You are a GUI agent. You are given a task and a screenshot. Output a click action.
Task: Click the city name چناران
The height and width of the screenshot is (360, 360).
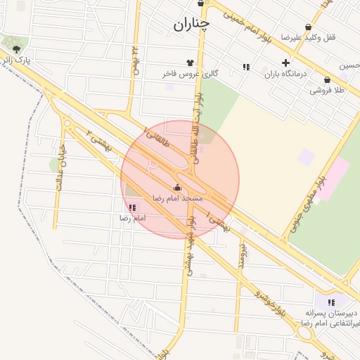pyautogui.click(x=191, y=26)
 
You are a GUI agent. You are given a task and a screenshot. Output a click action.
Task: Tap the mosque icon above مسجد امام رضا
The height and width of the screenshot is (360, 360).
pyautogui.click(x=176, y=188)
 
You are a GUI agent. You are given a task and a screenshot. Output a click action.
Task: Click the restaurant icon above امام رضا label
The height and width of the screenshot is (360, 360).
pyautogui.click(x=132, y=207)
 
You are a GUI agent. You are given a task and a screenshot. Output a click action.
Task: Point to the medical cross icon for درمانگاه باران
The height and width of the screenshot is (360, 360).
pyautogui.click(x=285, y=63)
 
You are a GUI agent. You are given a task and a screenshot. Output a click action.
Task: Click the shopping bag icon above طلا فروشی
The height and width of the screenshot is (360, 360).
pyautogui.click(x=327, y=80)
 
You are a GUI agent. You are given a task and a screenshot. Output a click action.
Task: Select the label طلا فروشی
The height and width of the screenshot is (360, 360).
pyautogui.click(x=326, y=91)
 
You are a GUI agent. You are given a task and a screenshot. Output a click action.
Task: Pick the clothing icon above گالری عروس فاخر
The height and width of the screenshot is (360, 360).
pyautogui.click(x=190, y=63)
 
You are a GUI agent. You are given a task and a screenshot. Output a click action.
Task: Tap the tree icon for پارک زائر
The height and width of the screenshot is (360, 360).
pyautogui.click(x=16, y=49)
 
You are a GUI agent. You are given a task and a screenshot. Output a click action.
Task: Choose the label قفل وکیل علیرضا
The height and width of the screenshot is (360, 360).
pyautogui.click(x=302, y=37)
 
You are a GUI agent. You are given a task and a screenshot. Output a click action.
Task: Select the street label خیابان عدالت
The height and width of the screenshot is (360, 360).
pyautogui.click(x=60, y=169)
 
